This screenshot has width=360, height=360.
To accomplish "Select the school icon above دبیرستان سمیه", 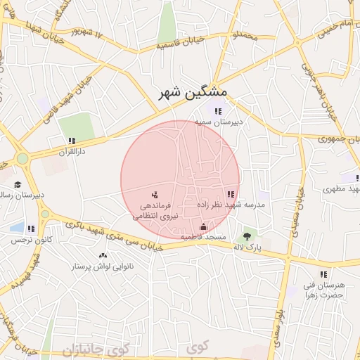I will [x=218, y=110].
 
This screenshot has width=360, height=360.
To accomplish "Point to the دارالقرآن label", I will [x=71, y=152].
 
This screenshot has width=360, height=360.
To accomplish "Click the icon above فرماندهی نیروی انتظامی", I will [x=155, y=194].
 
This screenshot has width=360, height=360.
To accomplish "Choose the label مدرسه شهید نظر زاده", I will [x=230, y=205].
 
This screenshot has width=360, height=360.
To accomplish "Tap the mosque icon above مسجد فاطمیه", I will [x=203, y=226].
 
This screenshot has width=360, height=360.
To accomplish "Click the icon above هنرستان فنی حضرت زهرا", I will [x=323, y=274].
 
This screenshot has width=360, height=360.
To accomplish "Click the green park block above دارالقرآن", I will [x=76, y=127].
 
